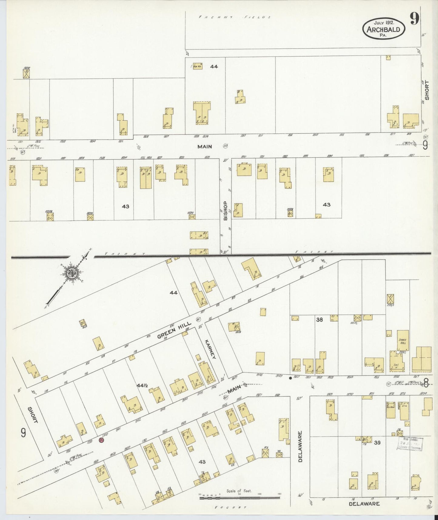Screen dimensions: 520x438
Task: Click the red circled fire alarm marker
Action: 102,440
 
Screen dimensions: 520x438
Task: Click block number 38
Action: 319,319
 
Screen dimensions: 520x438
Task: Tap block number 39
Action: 377,443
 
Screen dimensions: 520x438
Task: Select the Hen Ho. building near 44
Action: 198,66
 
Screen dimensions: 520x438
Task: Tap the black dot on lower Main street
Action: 290,378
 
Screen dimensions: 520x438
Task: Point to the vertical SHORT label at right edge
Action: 427,90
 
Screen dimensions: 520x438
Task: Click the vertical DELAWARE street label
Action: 300,447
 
